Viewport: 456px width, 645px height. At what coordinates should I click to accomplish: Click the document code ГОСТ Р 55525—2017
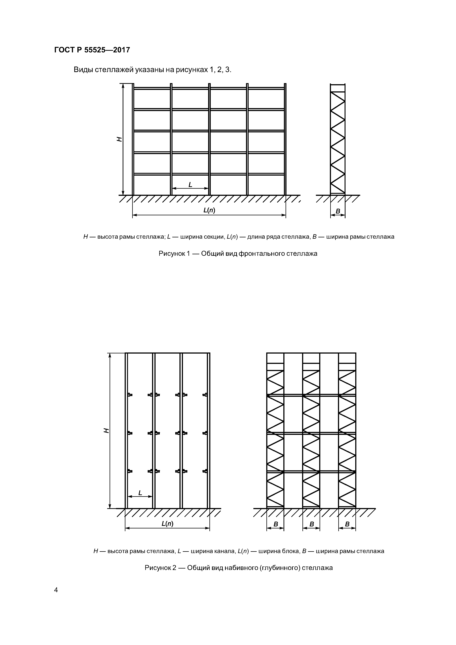coord(92,50)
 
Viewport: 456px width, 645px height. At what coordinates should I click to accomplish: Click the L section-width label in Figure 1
coord(190,185)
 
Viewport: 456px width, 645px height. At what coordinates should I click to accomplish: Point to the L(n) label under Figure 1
coord(209,210)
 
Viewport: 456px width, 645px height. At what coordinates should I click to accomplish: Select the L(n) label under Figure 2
coord(168,523)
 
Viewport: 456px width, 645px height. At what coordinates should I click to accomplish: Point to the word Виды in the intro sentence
coord(83,70)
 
